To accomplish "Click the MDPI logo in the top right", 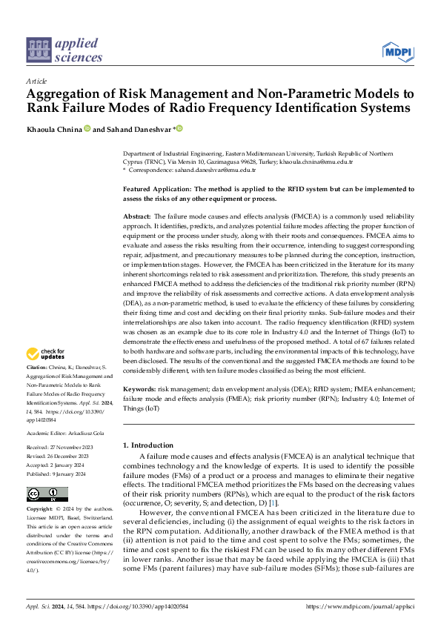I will [399, 50].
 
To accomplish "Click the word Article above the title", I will [36, 80].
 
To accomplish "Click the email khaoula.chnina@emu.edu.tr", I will [321, 161].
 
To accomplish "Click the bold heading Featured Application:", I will [158, 190].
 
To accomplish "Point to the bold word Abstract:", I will [137, 215].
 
